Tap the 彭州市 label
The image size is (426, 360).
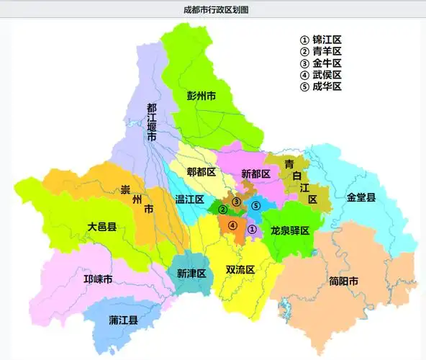(201, 95)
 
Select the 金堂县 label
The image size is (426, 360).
(361, 197)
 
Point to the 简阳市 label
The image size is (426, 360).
(343, 281)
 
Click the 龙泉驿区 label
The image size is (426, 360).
(289, 230)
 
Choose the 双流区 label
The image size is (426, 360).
(240, 270)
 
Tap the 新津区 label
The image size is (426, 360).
(191, 274)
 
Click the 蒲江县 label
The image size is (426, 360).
(124, 319)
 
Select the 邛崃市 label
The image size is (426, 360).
(98, 279)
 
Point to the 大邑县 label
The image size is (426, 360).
(102, 227)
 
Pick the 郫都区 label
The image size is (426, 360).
(201, 172)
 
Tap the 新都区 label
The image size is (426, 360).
(255, 174)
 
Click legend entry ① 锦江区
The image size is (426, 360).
(320, 40)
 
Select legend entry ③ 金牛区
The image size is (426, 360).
(320, 63)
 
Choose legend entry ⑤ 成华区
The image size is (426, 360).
(320, 86)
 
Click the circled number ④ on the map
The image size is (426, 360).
(232, 225)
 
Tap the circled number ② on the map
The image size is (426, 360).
(223, 210)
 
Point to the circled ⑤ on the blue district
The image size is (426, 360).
(256, 206)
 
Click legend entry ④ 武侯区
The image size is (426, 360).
(320, 75)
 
